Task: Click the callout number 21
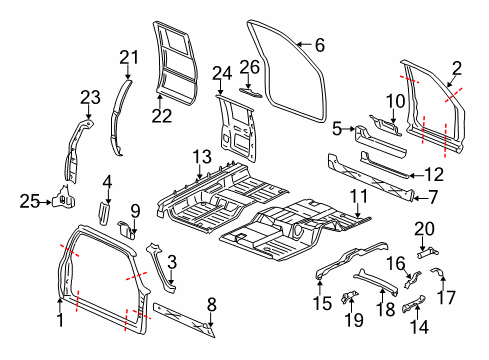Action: pos(128,56)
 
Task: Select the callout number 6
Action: pos(319,45)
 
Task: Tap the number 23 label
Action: pos(91,97)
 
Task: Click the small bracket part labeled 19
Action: pos(350,297)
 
